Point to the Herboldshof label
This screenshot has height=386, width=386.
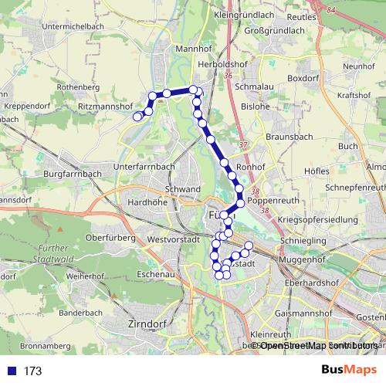click(x=222, y=65)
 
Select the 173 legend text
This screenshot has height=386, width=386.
click(x=32, y=371)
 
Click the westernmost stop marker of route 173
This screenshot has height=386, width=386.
click(x=137, y=117)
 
